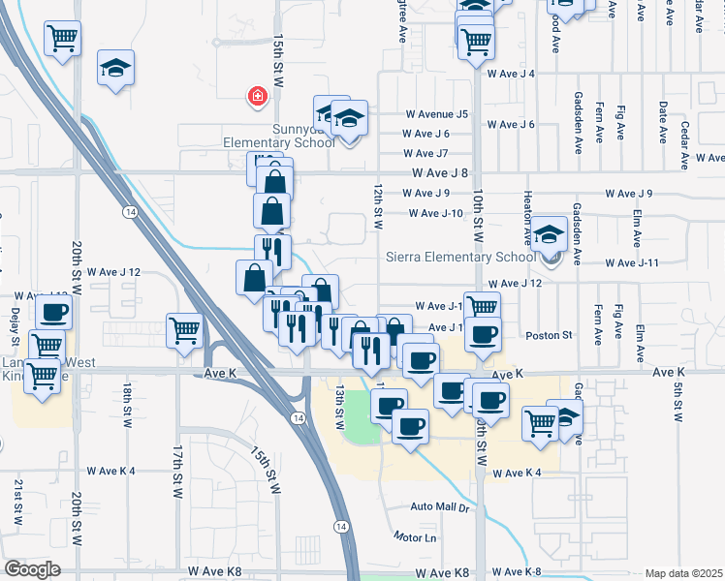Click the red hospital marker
tap(257, 96)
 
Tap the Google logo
tap(31, 569)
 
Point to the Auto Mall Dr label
tap(439, 506)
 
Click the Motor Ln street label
tap(416, 536)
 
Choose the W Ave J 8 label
tap(439, 173)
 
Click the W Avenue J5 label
tap(435, 113)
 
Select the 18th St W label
tap(128, 405)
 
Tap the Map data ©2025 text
tap(684, 573)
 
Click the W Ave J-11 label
tap(632, 262)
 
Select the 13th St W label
tap(340, 407)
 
